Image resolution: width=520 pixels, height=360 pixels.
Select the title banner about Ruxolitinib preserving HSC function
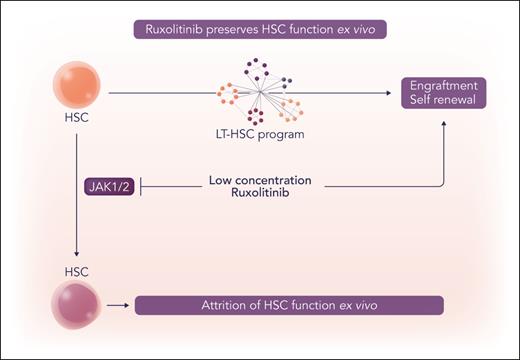pos(260,29)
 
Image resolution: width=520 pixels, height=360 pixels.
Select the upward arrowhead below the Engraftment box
pos(445,121)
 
